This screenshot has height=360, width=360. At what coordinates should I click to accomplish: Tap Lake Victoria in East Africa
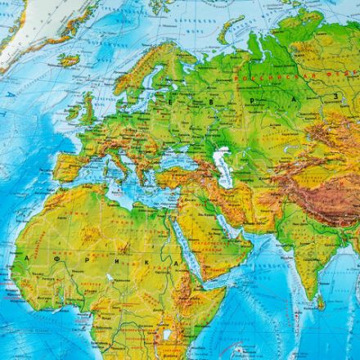[169, 334]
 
